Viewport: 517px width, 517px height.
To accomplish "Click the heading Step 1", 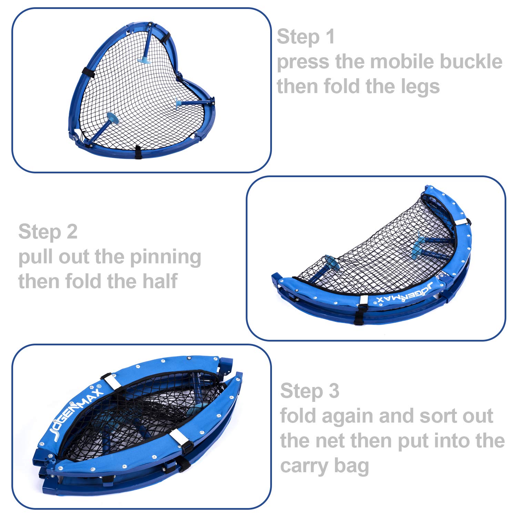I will tap(306, 37).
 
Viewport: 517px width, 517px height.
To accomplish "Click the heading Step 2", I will tap(48, 232).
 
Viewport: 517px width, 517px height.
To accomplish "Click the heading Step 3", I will tap(310, 391).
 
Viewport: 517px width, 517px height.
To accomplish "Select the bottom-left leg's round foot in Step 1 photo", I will tap(112, 118).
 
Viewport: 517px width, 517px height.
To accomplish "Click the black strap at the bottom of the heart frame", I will tap(138, 152).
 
